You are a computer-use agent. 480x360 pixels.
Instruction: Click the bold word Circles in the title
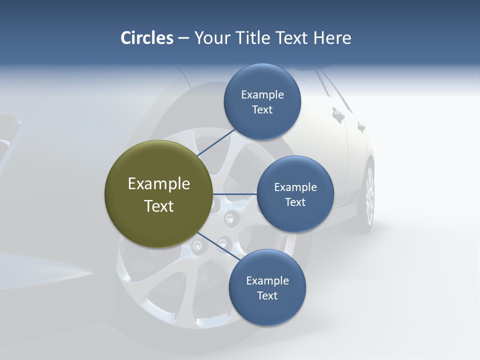coord(147,38)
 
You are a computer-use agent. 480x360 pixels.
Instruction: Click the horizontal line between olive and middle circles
coord(234,194)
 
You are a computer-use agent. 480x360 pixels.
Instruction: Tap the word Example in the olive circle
coord(159,184)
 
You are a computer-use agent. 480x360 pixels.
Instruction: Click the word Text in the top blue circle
coord(262,110)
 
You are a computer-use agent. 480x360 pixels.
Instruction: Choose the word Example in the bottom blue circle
coord(267,280)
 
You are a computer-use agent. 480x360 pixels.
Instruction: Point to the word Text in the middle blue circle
coord(295,202)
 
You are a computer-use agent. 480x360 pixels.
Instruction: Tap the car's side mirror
coord(338,116)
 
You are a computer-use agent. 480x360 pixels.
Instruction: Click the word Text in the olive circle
coord(159,206)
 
